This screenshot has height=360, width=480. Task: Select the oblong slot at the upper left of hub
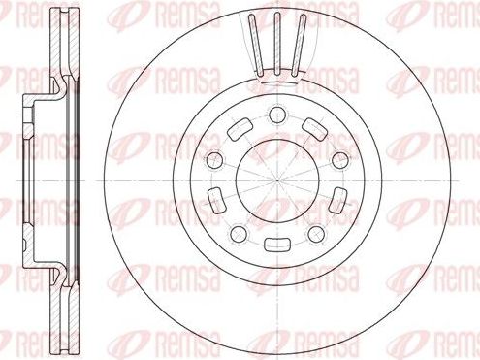click(236, 129)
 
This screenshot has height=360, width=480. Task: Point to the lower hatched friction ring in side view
click(69, 311)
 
